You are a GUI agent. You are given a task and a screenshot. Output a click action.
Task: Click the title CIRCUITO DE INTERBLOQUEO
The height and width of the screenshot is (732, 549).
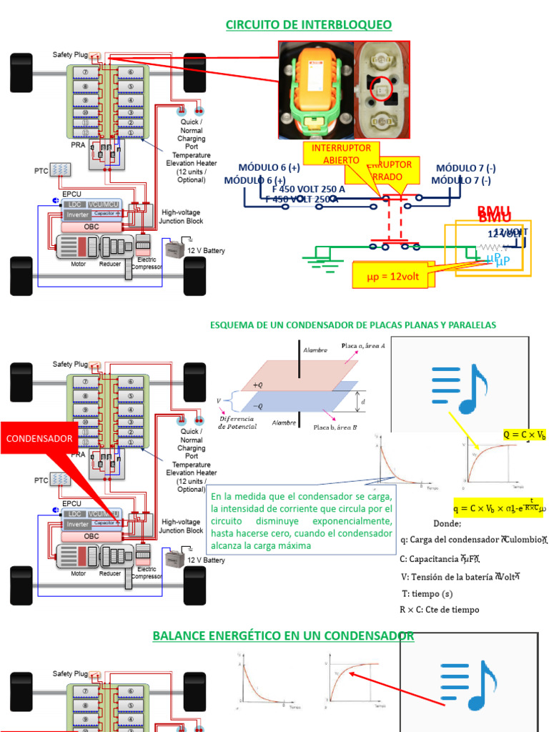(309, 25)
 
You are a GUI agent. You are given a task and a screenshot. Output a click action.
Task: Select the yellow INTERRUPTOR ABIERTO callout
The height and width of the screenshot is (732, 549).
(342, 154)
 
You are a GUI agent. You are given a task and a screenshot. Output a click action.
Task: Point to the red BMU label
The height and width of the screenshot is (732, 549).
(494, 212)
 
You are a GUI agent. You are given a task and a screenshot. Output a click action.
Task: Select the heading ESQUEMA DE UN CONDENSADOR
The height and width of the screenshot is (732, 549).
(352, 325)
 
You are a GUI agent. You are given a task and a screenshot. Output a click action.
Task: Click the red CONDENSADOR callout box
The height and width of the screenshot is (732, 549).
(40, 437)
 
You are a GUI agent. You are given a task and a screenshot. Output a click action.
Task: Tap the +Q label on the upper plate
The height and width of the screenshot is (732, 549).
(258, 385)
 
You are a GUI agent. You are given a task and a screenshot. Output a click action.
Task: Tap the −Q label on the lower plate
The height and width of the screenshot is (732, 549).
(258, 405)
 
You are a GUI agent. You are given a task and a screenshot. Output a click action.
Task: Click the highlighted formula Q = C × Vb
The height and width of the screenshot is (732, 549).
(524, 435)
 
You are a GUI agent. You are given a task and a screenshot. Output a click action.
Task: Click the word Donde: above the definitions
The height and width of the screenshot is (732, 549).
(447, 524)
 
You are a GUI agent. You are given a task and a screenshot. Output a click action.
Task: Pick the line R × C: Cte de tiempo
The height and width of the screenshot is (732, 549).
(439, 610)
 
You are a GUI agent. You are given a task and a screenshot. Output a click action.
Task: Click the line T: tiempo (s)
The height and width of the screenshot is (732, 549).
(427, 593)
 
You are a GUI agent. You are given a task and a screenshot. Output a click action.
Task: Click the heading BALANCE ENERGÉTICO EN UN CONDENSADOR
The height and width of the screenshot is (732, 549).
(283, 635)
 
